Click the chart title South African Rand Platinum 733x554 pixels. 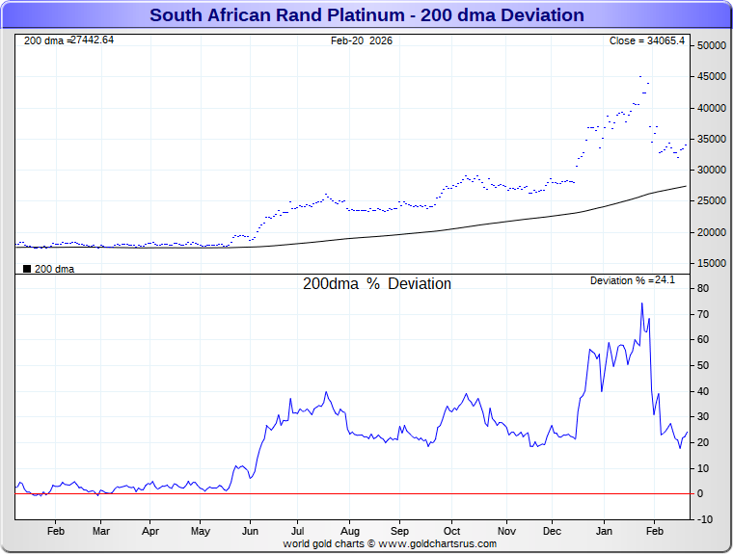coord(366,15)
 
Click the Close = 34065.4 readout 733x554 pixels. coord(646,40)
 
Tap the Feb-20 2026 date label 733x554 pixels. coord(362,40)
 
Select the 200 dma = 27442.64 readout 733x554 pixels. coord(68,40)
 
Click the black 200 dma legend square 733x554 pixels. coord(26,269)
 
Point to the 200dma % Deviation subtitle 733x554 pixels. coord(377,284)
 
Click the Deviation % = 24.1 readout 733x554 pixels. coord(633,280)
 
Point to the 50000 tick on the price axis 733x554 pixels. coord(712,46)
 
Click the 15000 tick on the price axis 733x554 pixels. coord(712,263)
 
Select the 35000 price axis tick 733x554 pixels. coord(712,140)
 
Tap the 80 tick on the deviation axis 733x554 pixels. coord(704,289)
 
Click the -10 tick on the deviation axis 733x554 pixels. coord(704,519)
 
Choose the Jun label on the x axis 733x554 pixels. coord(250,531)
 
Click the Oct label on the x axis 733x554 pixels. coord(451,531)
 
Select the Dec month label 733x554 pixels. coord(553,531)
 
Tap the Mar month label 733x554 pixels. coord(101,531)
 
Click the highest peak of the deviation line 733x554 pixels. coord(642,303)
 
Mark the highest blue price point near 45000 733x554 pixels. coord(640,76)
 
